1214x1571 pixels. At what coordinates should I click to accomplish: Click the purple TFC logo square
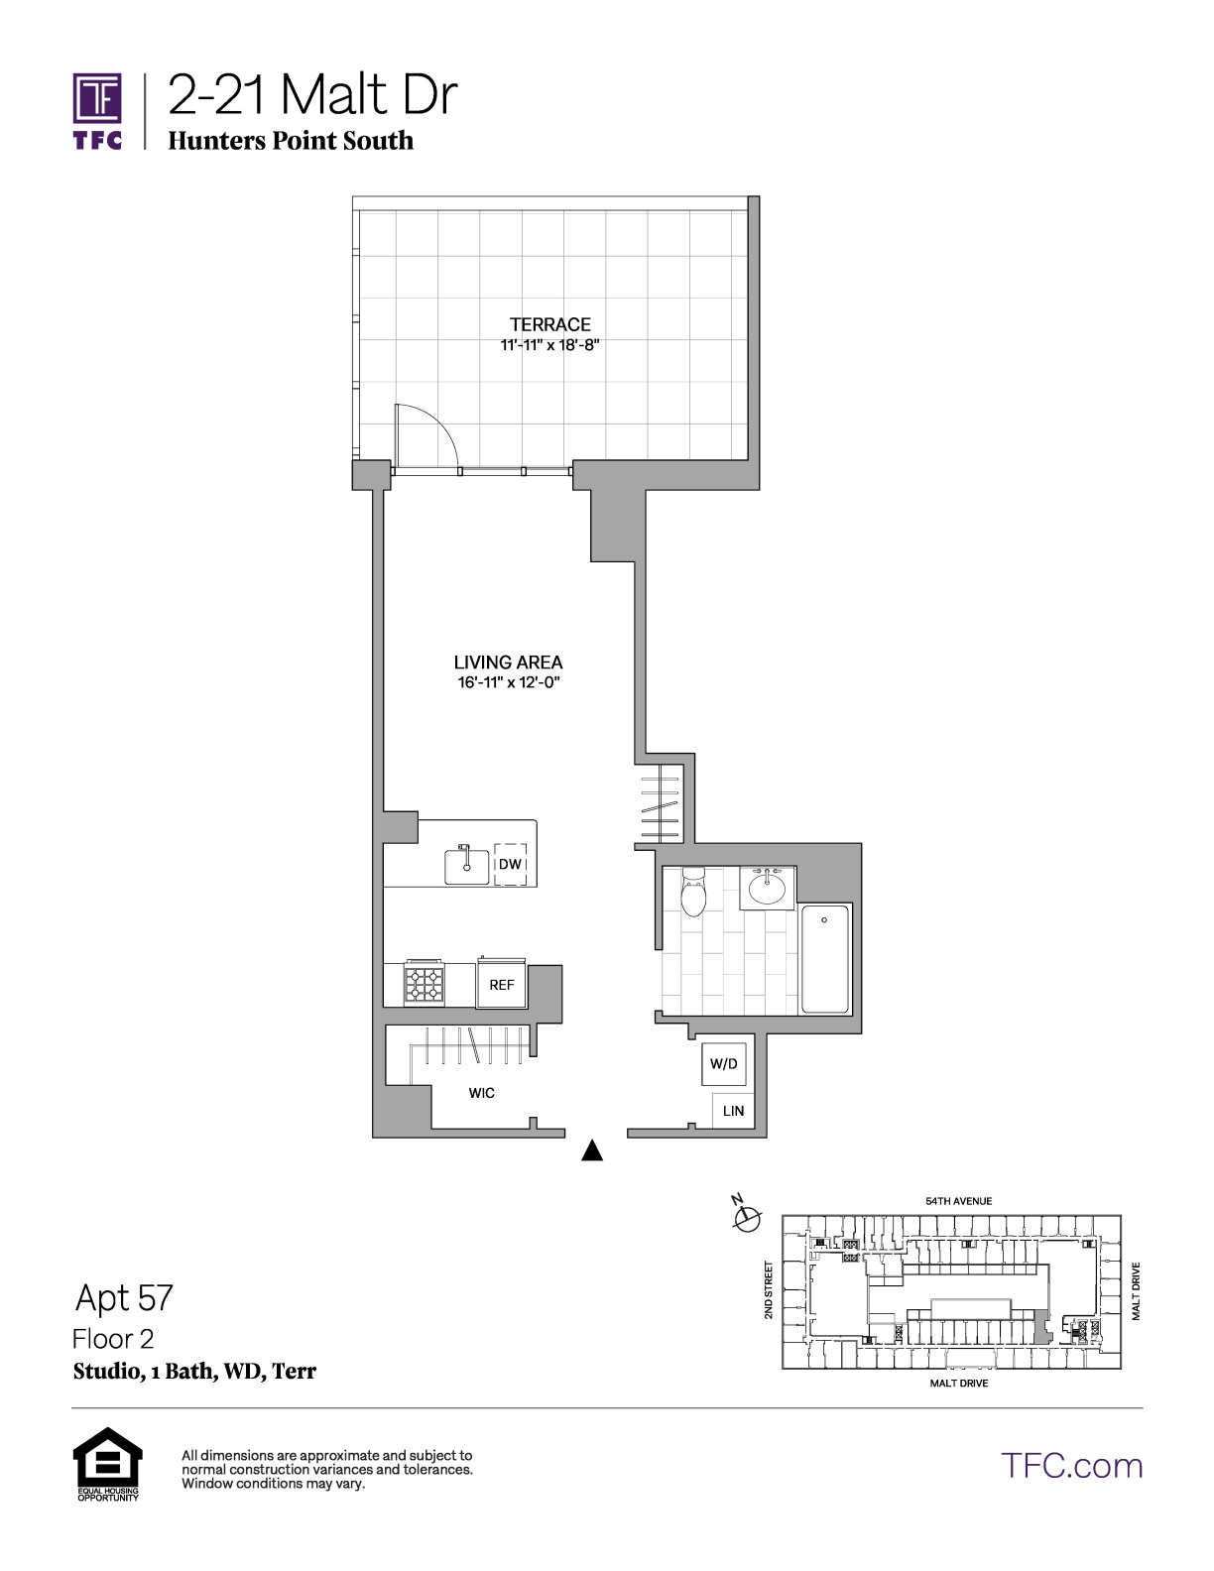click(x=97, y=98)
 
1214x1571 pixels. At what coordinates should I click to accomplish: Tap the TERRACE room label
click(x=550, y=324)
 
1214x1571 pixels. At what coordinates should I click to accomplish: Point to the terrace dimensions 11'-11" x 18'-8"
click(x=550, y=345)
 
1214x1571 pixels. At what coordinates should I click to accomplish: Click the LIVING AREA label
click(x=508, y=663)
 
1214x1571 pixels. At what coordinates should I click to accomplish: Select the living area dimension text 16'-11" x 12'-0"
click(x=508, y=682)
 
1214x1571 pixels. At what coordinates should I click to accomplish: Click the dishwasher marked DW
click(x=511, y=864)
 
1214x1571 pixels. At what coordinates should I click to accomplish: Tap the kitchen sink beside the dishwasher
click(x=466, y=866)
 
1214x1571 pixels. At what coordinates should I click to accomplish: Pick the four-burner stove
click(x=425, y=983)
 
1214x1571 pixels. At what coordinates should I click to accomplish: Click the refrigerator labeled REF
click(x=502, y=983)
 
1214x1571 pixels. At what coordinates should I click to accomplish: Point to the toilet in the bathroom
click(x=693, y=891)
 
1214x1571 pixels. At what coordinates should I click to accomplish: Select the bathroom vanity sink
click(x=767, y=887)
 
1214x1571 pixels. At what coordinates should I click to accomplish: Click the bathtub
click(x=825, y=959)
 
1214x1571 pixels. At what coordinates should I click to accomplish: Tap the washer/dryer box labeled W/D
click(x=724, y=1063)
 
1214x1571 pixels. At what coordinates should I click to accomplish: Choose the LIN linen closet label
click(x=733, y=1111)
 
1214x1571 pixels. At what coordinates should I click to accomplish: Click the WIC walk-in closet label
click(x=482, y=1092)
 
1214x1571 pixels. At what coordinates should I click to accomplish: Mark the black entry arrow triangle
click(x=592, y=1149)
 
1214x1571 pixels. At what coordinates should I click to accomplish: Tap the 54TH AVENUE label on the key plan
click(x=959, y=1201)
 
